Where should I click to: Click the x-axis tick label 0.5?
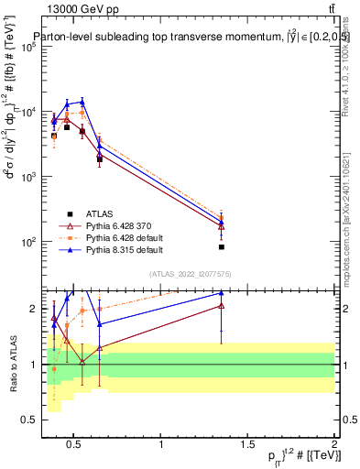click(x=73, y=445)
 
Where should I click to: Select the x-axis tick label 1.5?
click(x=247, y=445)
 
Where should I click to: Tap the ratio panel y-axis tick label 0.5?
click(x=29, y=420)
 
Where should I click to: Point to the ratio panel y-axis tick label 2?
click(x=33, y=309)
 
